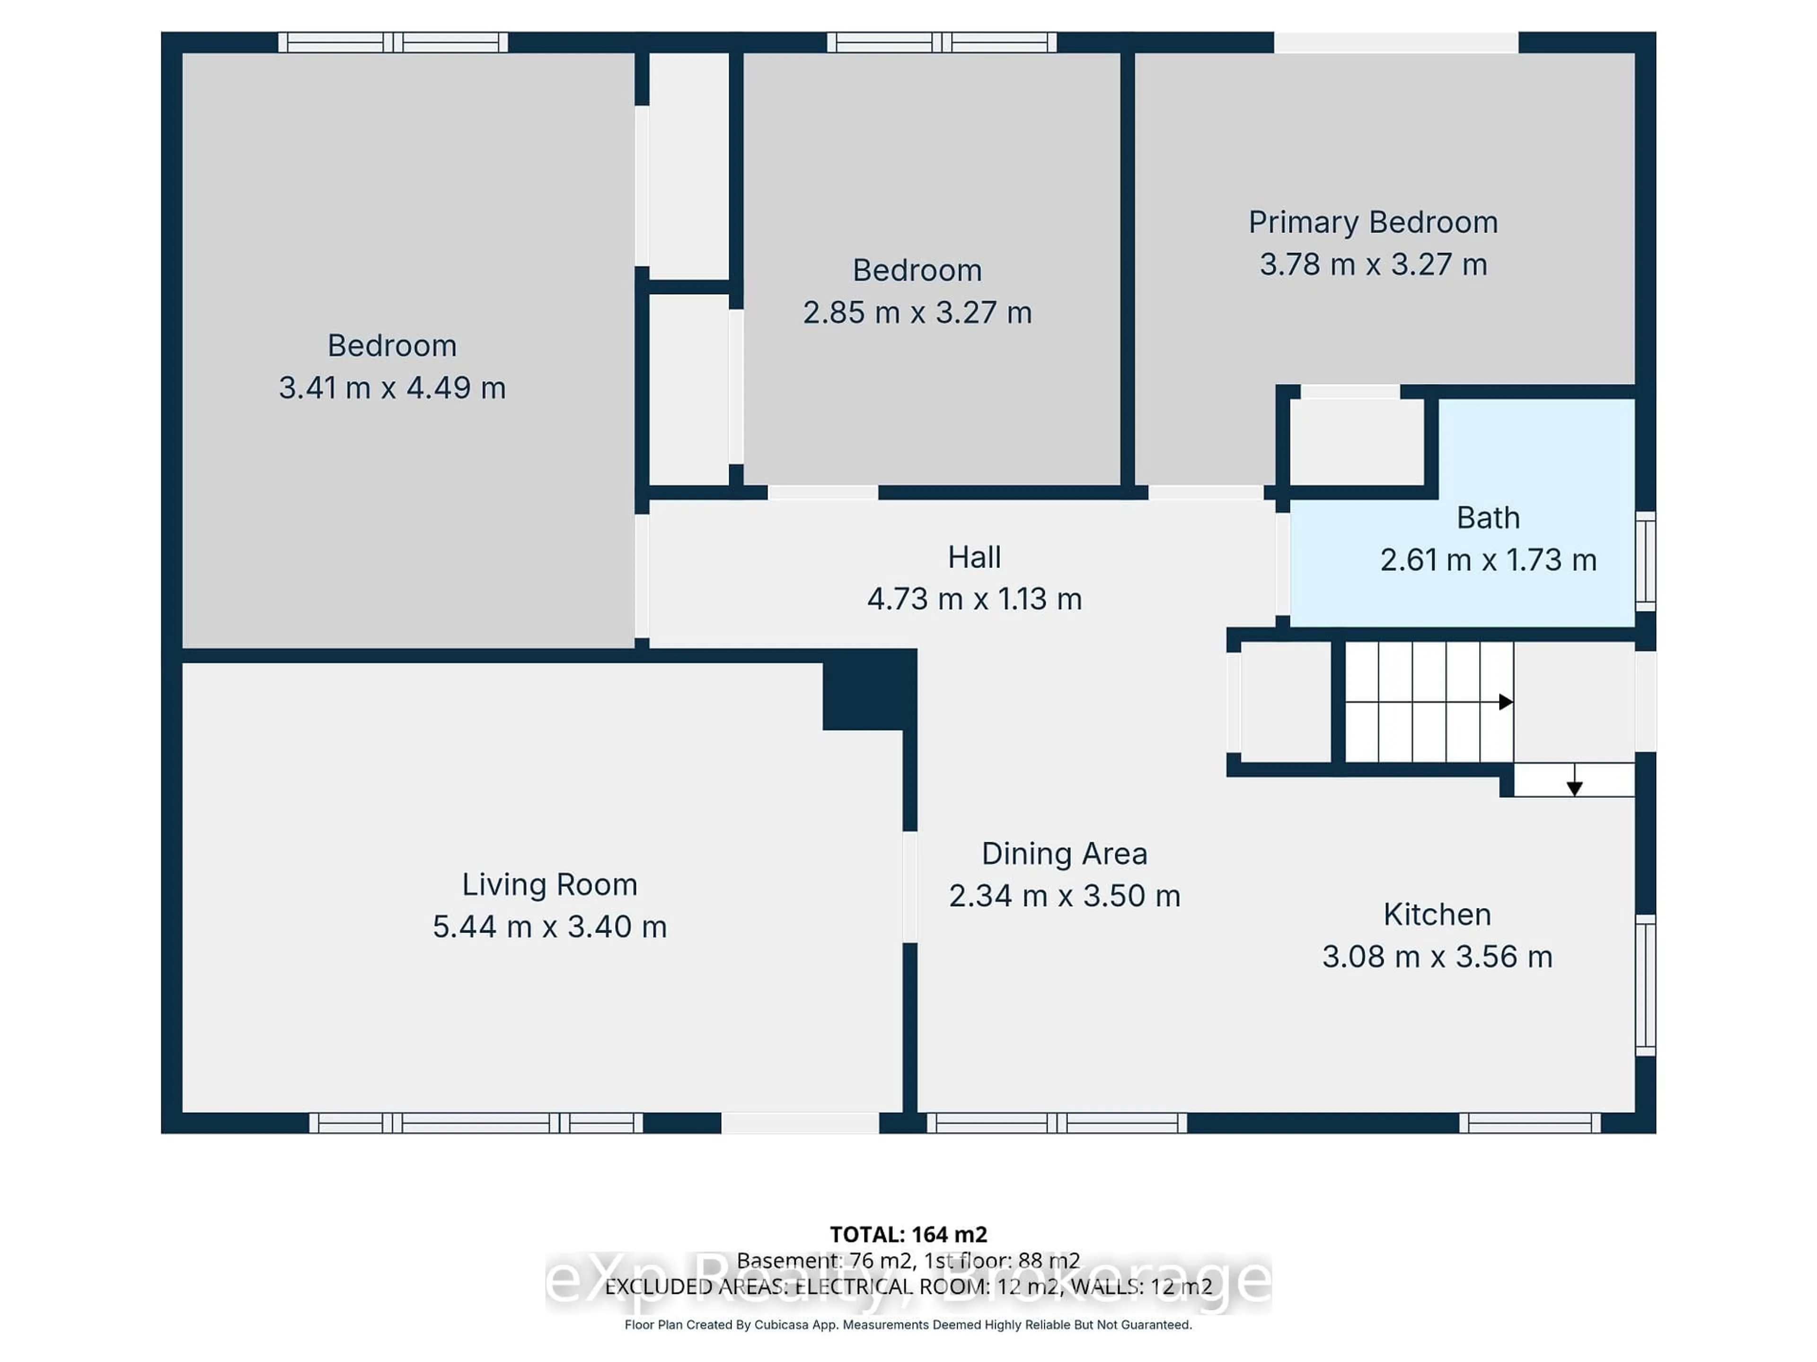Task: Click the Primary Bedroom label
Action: click(1373, 222)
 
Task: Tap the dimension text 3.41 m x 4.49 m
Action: click(392, 387)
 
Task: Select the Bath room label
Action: click(1488, 518)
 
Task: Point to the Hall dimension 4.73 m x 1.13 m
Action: click(974, 599)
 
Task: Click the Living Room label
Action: click(549, 884)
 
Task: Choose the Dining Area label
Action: click(1064, 854)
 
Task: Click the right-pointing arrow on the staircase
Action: click(1505, 702)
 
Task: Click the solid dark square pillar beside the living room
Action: click(868, 690)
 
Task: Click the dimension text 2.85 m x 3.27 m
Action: click(917, 313)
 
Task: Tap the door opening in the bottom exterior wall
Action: click(800, 1123)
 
